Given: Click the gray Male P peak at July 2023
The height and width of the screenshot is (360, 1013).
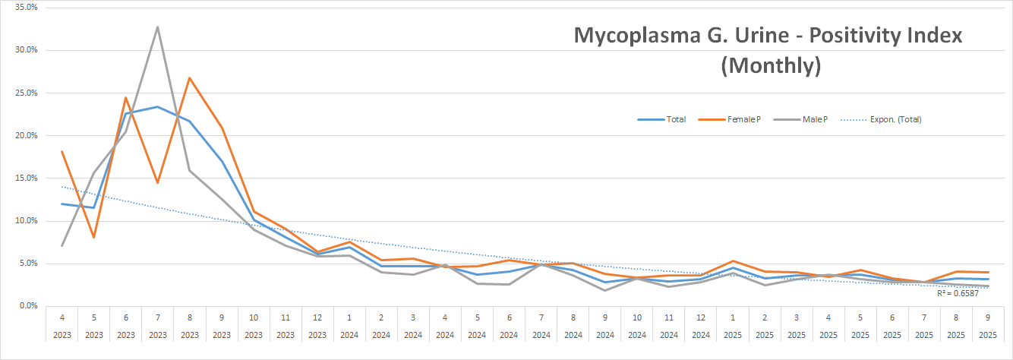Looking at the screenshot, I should click(157, 27).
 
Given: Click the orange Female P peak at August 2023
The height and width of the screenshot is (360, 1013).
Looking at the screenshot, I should click(189, 78).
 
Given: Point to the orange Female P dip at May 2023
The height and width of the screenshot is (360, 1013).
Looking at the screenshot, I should click(93, 238).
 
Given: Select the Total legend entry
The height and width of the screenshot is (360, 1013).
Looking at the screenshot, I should click(662, 119).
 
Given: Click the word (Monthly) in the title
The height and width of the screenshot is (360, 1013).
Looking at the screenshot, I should click(770, 66).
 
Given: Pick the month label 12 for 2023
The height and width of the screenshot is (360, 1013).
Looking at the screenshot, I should click(317, 315).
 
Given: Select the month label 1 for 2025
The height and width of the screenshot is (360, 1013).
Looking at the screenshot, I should click(731, 315).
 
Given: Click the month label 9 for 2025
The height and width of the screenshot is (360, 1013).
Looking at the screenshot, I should click(986, 315).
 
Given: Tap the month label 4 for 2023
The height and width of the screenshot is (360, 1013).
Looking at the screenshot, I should click(62, 315).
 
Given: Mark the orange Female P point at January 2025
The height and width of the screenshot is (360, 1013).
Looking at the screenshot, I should click(731, 261).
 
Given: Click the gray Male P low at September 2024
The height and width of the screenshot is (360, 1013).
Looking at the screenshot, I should click(604, 290).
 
